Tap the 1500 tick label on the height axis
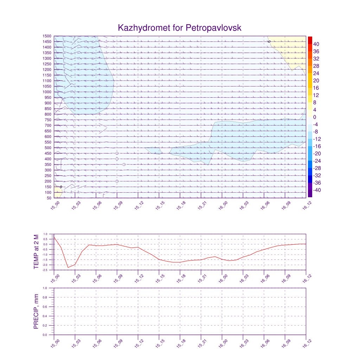(47, 36)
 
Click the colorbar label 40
(316, 44)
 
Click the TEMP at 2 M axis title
(37, 252)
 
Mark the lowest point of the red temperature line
(68, 268)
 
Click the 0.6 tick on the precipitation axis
(45, 307)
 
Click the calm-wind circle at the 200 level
(117, 181)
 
